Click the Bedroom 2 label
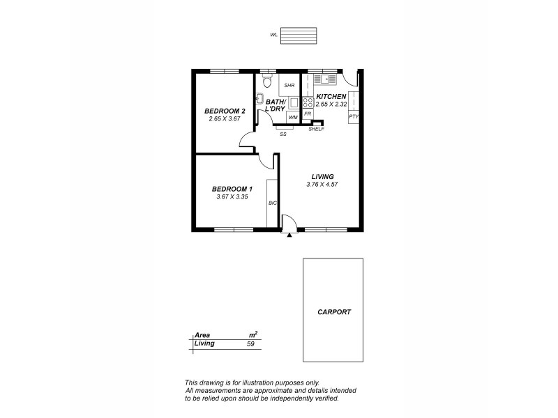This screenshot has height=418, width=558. [225, 111]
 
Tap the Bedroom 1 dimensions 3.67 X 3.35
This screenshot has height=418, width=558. [232, 196]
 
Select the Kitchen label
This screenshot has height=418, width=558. [331, 96]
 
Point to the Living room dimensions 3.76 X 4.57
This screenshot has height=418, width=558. [322, 185]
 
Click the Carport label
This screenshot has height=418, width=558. [333, 312]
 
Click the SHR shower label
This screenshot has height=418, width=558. [289, 85]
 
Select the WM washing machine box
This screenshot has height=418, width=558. [293, 117]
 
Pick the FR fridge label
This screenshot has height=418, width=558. [308, 112]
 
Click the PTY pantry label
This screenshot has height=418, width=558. [354, 116]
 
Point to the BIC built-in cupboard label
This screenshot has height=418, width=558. [273, 203]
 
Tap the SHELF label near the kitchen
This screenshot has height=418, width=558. [316, 129]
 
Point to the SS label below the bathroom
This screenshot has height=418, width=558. [283, 133]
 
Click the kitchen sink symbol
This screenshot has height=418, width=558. [325, 79]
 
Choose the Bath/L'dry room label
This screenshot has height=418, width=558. [274, 106]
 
